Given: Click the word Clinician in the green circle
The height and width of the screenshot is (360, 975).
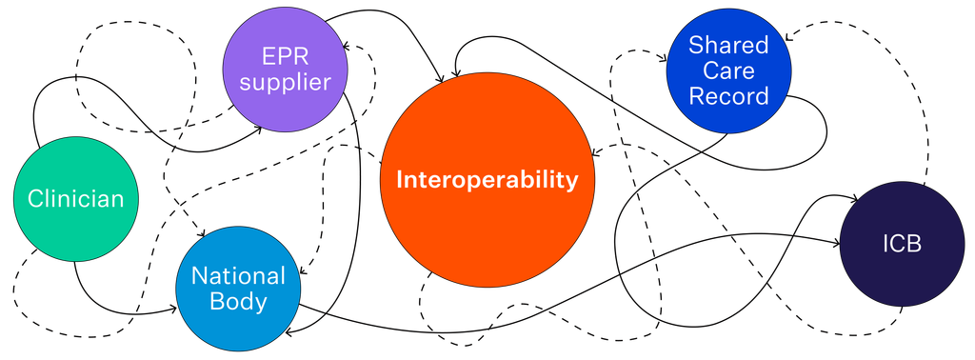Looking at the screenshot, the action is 76,199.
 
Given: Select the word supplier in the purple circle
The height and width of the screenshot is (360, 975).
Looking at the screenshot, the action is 286,83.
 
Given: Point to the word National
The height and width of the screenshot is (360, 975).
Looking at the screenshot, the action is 238,275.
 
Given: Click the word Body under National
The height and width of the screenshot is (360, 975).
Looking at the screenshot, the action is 239,302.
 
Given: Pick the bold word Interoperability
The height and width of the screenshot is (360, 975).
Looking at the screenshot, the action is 487,180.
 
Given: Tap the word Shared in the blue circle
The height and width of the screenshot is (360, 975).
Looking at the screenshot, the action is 728,45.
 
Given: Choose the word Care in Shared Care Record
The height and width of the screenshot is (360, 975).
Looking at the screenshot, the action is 728,70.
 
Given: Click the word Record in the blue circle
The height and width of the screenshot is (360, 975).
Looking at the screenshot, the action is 728,96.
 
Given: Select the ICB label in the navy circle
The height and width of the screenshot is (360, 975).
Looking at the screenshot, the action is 903,245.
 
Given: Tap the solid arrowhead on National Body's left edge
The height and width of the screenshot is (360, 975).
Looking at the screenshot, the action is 172,309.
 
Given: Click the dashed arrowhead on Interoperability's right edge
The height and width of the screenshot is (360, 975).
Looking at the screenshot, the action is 595,153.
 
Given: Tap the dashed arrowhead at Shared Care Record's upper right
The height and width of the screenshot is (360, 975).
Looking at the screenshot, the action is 787,37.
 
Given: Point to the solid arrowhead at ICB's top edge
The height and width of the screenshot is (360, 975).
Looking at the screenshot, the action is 856,199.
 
